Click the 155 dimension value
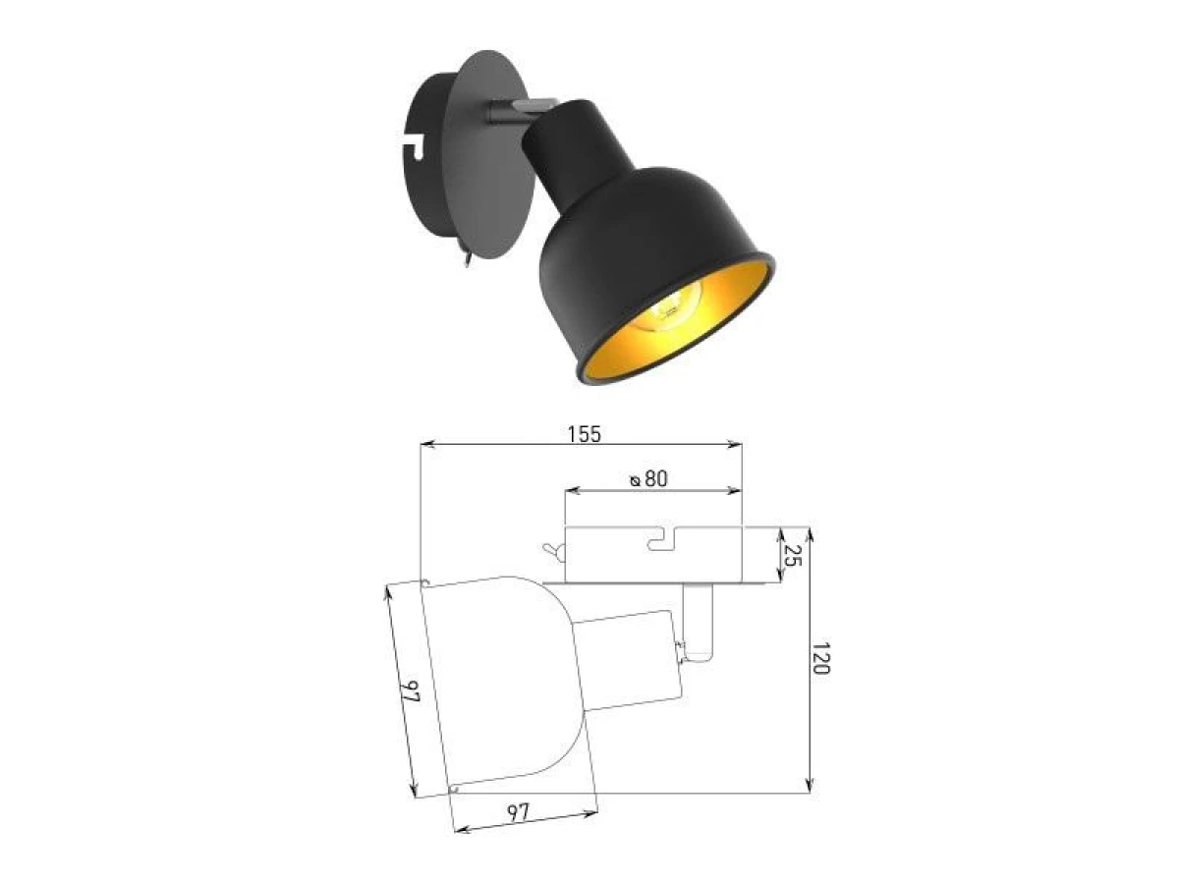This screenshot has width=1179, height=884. tap(585, 434)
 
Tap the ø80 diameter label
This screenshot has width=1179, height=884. tap(648, 478)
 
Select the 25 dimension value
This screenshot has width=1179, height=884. tap(793, 554)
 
